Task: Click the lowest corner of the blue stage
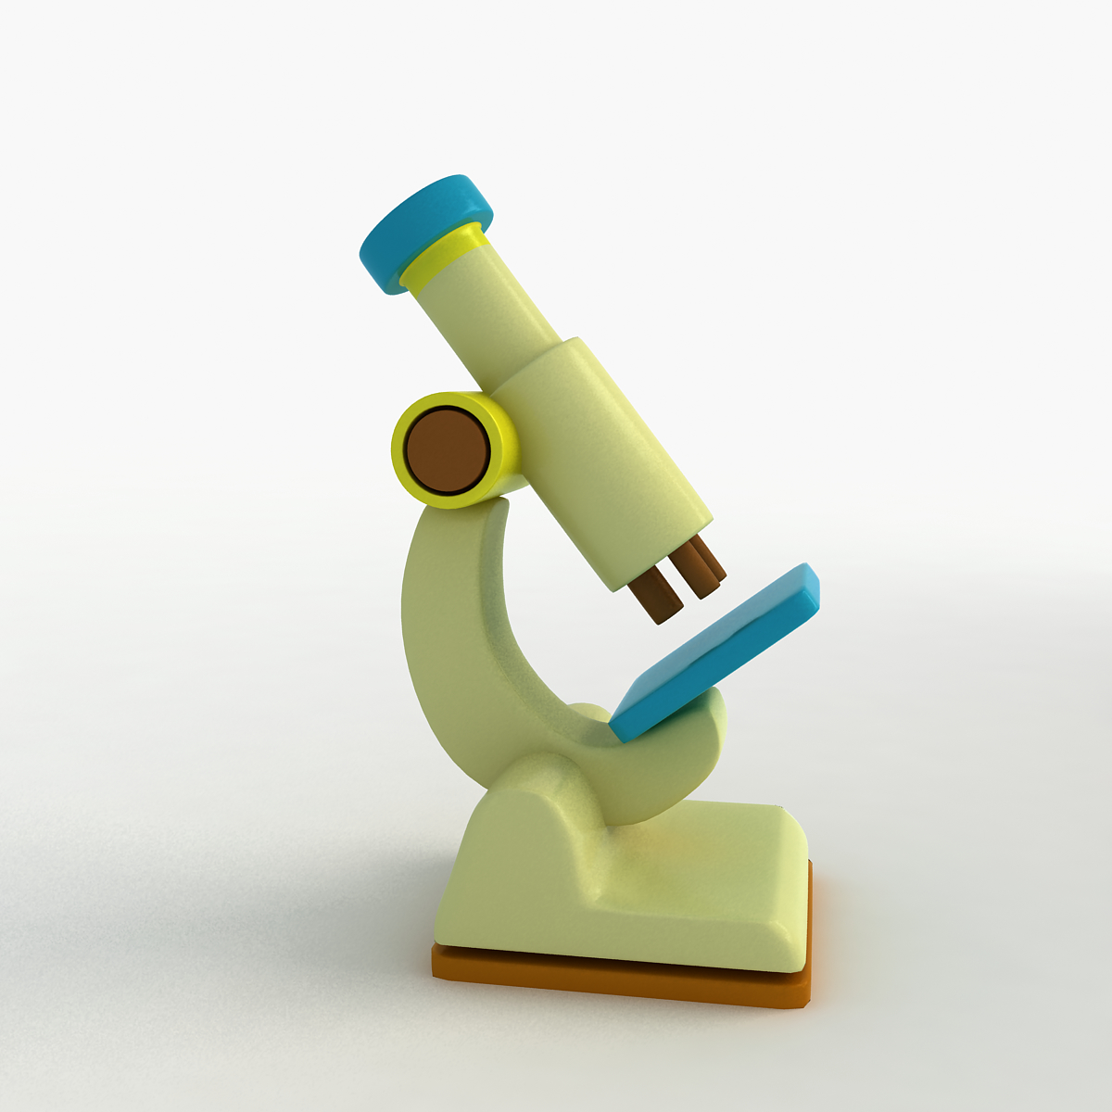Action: (619, 734)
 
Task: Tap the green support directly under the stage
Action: (690, 741)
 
